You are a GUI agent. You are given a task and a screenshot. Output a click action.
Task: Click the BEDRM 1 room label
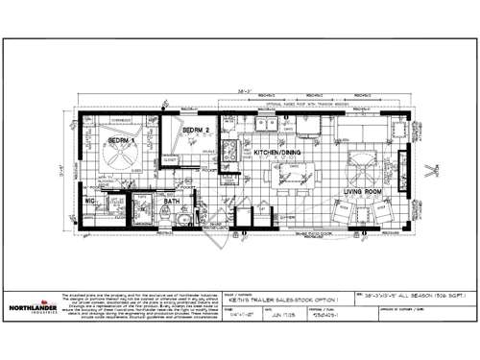[x=120, y=140]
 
